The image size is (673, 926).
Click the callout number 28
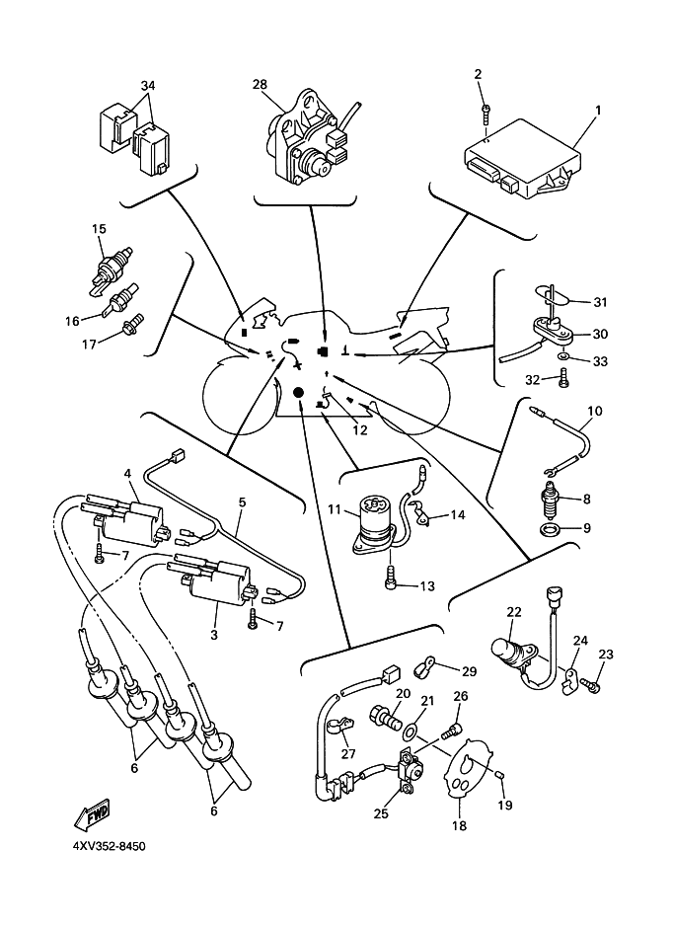coord(260,85)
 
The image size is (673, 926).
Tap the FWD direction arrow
coord(92,815)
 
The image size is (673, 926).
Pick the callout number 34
coord(148,86)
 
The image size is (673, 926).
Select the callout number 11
coord(335,510)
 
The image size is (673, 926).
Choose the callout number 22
coord(513,612)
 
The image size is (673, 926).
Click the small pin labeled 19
coord(501,779)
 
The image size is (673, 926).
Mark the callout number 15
coord(99,229)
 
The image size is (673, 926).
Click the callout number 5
coord(241,502)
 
